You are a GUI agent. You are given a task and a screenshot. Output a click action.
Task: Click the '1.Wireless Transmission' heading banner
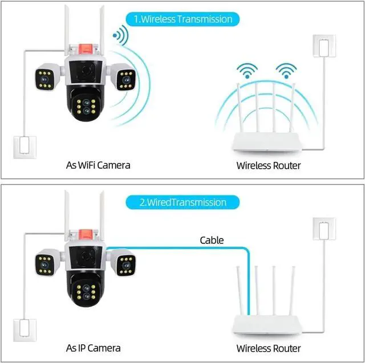pyautogui.click(x=182, y=19)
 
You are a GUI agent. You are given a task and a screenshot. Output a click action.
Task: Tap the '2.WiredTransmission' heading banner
pyautogui.click(x=182, y=202)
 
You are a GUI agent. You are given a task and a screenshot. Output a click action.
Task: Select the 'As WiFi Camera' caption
pyautogui.click(x=98, y=165)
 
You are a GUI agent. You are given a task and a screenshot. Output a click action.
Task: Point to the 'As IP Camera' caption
pyautogui.click(x=93, y=348)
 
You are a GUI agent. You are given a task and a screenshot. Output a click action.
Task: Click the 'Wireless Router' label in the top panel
pyautogui.click(x=268, y=166)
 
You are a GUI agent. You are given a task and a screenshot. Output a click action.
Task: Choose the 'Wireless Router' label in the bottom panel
pyautogui.click(x=268, y=348)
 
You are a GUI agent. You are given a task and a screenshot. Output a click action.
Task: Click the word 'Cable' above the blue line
pyautogui.click(x=212, y=240)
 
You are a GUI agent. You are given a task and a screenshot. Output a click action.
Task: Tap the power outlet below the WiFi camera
pyautogui.click(x=23, y=145)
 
